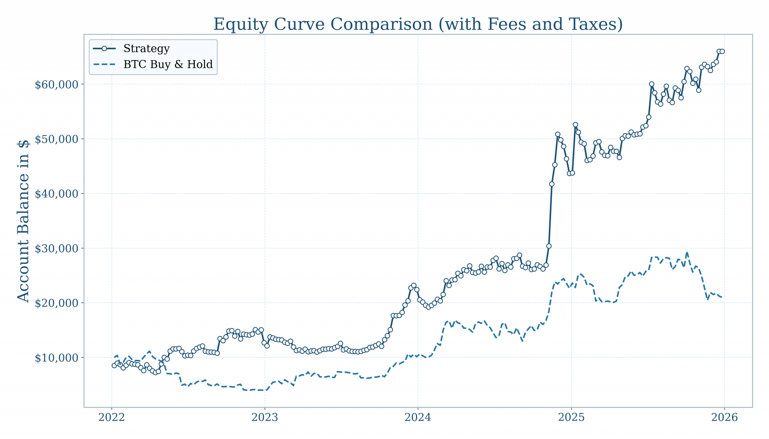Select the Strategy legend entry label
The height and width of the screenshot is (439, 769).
[147, 49]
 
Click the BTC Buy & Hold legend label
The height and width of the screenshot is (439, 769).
[168, 65]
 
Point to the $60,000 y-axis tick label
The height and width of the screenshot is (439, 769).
[57, 85]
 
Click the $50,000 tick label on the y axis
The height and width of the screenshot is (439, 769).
[57, 140]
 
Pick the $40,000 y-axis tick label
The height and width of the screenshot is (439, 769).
[57, 194]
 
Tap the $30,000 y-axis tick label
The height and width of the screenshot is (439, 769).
[57, 249]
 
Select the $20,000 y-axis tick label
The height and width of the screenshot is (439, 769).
[57, 304]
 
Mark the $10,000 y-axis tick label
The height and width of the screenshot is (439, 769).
[57, 358]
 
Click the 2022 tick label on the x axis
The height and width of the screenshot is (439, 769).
[111, 418]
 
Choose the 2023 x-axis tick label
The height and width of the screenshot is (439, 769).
[265, 418]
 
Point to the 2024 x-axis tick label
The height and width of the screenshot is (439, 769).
[418, 418]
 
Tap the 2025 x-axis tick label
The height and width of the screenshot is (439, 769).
[571, 418]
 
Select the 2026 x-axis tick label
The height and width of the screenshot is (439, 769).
[724, 418]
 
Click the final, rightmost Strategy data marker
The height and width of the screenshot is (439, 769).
[722, 52]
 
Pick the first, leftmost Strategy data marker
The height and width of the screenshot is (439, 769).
[114, 365]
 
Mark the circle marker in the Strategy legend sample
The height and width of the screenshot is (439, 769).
[104, 49]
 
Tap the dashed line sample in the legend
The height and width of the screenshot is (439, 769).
[104, 65]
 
